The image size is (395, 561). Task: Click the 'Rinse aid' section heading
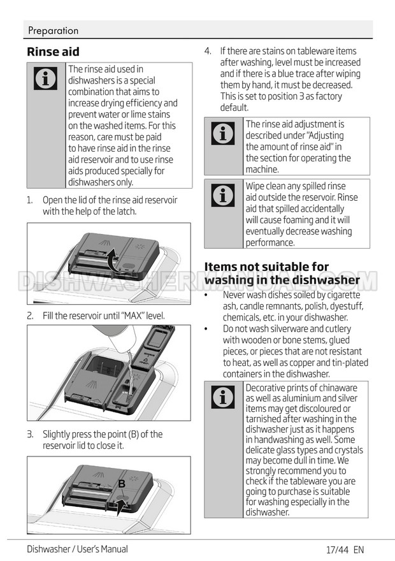click(53, 52)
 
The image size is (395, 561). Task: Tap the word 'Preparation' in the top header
click(54, 31)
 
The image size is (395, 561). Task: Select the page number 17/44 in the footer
click(337, 549)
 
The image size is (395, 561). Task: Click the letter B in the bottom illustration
click(122, 484)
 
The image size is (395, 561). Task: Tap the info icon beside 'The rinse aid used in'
click(45, 78)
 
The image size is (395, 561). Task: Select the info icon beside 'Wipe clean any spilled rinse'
click(223, 195)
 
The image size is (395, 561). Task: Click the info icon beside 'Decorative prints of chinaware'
click(223, 397)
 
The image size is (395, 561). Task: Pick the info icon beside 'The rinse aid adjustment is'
click(223, 133)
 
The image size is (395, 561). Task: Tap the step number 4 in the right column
click(208, 51)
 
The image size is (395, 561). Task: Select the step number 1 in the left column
click(30, 200)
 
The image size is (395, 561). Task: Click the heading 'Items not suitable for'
click(266, 266)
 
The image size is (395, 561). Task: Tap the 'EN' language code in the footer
click(359, 549)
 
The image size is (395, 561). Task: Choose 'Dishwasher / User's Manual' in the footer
click(77, 549)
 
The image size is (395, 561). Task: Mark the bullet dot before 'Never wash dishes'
click(206, 295)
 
